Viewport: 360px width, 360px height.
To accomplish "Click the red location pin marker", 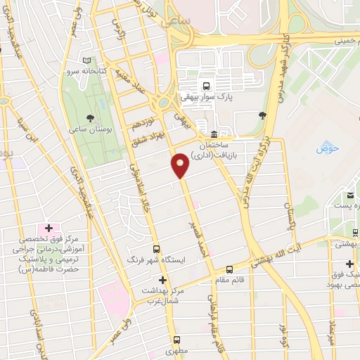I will point(180,165).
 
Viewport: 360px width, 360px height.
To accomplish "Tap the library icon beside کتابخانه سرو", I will point(86,61).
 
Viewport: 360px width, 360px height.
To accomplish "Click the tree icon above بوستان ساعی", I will point(89,118).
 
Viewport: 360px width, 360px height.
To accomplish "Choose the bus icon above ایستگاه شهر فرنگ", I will point(157,249).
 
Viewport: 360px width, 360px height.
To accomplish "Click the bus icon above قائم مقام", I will point(229,269).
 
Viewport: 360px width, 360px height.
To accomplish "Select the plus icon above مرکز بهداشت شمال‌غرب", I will point(162,280).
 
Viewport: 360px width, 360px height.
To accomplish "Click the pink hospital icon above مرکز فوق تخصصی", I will point(49,228).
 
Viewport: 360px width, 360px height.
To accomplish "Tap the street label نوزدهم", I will point(141,122).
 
